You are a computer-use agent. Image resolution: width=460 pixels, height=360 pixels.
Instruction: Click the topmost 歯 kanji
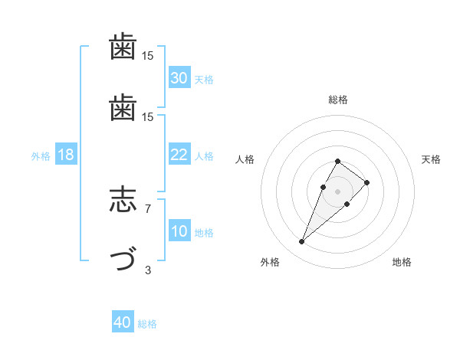123,47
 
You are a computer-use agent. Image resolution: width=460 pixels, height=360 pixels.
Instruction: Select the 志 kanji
123,201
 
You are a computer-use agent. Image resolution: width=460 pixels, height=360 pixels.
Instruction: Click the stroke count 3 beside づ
148,269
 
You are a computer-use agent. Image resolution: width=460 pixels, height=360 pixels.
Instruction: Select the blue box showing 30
179,78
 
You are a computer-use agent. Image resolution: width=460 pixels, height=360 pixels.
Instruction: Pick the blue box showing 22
179,155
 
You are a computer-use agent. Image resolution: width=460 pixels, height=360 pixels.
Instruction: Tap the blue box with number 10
179,231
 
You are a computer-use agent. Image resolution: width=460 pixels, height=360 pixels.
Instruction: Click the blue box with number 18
66,155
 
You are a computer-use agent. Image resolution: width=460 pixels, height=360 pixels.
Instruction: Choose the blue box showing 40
123,322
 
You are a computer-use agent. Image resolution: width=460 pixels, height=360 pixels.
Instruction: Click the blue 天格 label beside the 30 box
204,80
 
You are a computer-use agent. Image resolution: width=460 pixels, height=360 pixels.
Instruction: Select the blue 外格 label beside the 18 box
41,156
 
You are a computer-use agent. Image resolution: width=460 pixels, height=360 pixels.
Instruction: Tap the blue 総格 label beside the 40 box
147,324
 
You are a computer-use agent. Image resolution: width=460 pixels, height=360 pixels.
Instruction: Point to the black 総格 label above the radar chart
338,100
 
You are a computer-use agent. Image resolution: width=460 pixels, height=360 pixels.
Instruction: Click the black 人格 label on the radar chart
245,159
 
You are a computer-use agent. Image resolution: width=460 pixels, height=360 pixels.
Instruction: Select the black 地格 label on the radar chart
402,262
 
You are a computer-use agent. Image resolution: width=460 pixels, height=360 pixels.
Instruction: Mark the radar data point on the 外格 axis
302,242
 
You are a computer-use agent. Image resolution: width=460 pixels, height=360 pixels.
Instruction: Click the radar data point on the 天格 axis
367,182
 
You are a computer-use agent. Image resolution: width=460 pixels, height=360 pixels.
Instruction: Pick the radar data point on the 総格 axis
338,161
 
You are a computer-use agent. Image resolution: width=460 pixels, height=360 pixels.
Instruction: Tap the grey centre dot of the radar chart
338,190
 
